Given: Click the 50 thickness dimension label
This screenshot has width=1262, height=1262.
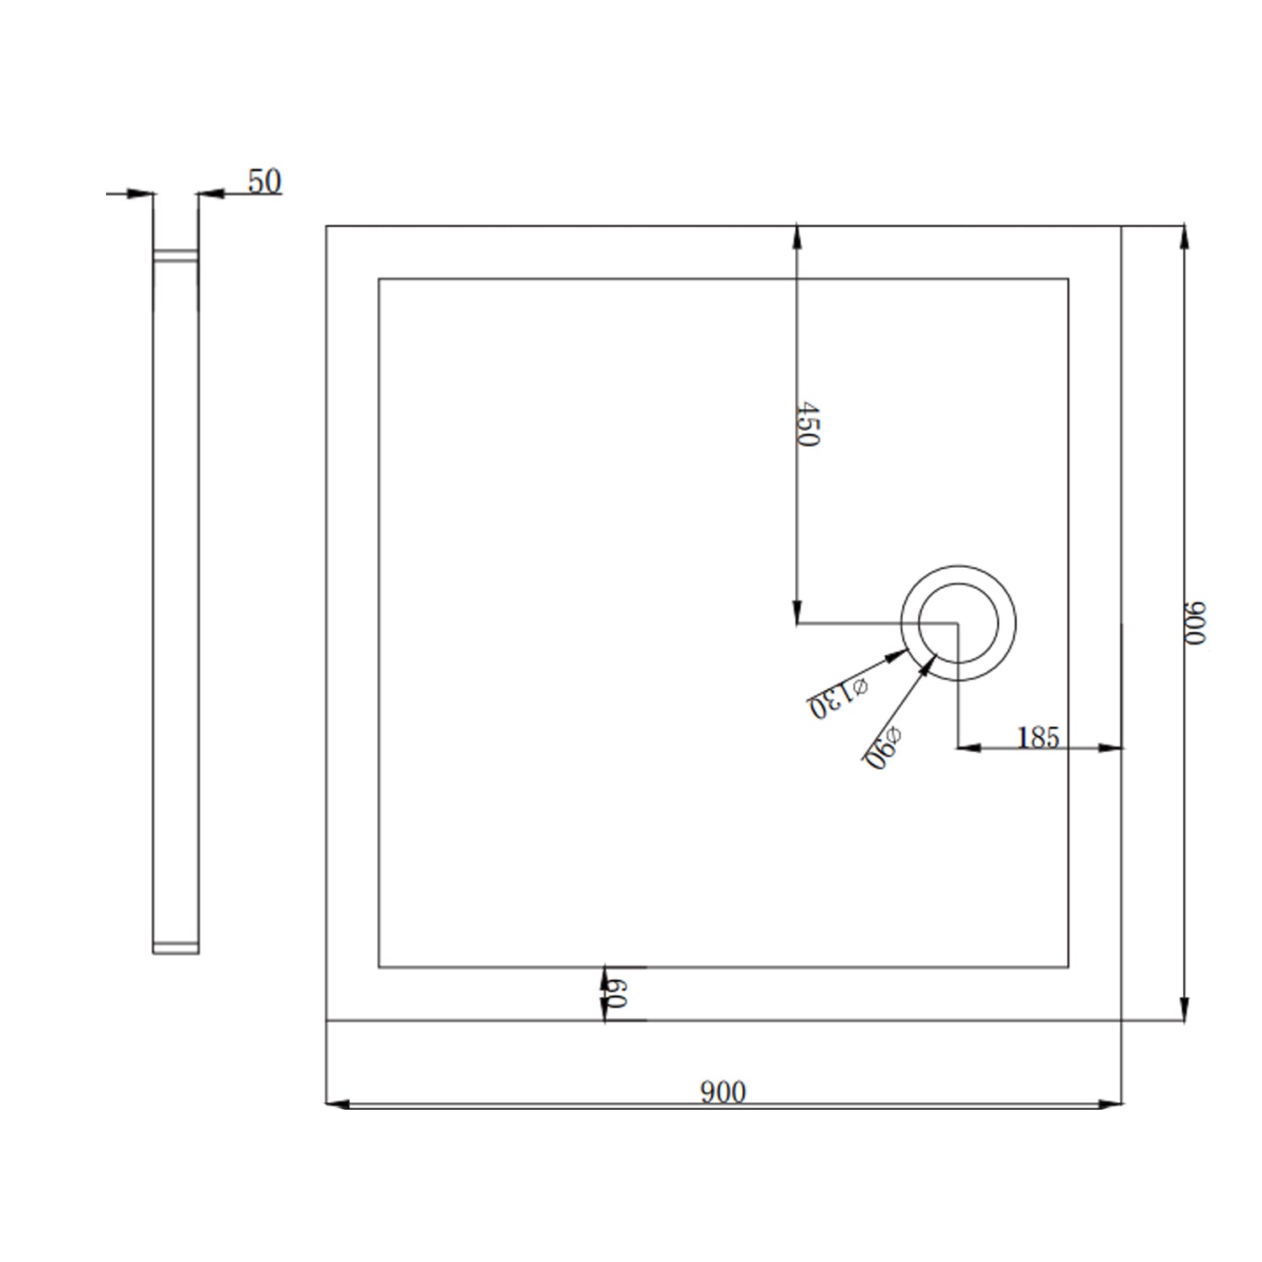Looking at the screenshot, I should tap(264, 182).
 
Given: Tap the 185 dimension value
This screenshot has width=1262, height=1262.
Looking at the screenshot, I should tap(1037, 737).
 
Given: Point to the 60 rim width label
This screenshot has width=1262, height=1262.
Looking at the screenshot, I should tap(616, 994).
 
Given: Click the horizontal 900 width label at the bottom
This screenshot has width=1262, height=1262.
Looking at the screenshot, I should tap(723, 1091).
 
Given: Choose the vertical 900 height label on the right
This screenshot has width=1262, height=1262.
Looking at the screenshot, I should tap(1195, 623).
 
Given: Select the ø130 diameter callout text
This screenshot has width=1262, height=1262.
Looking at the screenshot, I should tap(838, 697).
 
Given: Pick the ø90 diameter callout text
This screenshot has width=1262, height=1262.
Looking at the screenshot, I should tap(883, 748).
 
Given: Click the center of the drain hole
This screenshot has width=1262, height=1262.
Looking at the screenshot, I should tap(958, 623).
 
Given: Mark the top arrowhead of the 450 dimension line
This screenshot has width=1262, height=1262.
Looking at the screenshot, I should tap(797, 236).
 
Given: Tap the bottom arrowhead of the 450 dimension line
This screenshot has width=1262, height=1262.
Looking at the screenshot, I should tap(797, 613).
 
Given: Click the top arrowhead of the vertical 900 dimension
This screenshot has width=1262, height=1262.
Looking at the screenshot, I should tap(1185, 236).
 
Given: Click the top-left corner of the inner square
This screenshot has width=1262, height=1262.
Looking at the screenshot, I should tap(379, 279).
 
